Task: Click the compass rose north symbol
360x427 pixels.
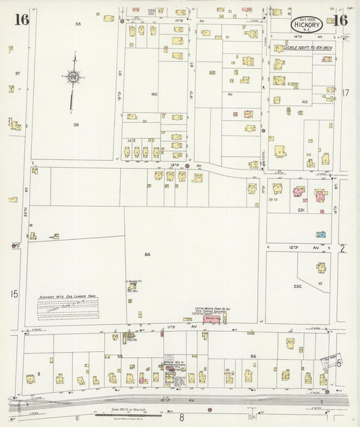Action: (73, 78)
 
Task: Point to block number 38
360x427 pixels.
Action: (78, 24)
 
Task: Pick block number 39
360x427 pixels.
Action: (76, 125)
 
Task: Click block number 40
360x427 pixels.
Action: (154, 94)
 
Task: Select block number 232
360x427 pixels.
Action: (297, 286)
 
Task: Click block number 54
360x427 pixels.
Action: (147, 254)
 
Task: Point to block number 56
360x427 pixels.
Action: (254, 355)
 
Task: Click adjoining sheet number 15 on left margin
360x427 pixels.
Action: (13, 293)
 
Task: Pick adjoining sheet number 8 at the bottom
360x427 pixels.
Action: (181, 418)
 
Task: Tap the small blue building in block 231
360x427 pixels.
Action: (322, 234)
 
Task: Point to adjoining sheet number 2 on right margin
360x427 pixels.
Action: (342, 249)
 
